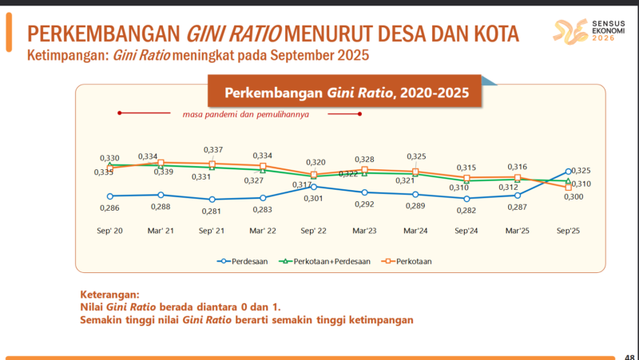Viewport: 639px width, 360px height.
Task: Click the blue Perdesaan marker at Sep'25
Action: click(569, 171)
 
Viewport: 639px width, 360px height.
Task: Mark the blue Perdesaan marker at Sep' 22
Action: click(314, 186)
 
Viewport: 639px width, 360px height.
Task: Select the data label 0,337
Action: click(213, 150)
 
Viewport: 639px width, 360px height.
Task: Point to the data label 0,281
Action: click(212, 211)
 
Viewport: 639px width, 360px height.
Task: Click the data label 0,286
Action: click(110, 208)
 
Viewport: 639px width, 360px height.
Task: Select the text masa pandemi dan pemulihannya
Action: click(240, 113)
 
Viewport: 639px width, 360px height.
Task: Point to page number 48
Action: click(629, 356)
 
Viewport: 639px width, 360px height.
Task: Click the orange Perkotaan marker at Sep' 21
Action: click(212, 164)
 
